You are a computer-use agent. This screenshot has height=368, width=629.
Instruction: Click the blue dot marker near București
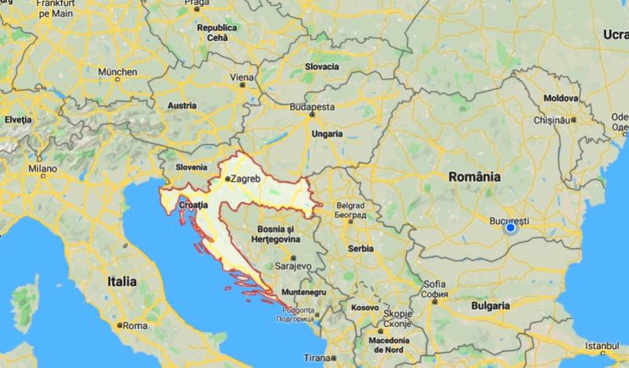[510, 227]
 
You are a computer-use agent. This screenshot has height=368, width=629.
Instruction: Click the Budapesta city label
[312, 106]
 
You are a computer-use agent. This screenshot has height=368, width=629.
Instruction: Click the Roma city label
[135, 325]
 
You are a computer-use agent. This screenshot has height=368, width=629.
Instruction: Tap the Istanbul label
[608, 344]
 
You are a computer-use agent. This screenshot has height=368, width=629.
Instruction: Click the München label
[116, 71]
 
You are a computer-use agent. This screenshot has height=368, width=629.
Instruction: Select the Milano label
[43, 167]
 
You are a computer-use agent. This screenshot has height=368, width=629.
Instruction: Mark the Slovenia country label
[191, 167]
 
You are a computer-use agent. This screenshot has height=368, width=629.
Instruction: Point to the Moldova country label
[561, 97]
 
